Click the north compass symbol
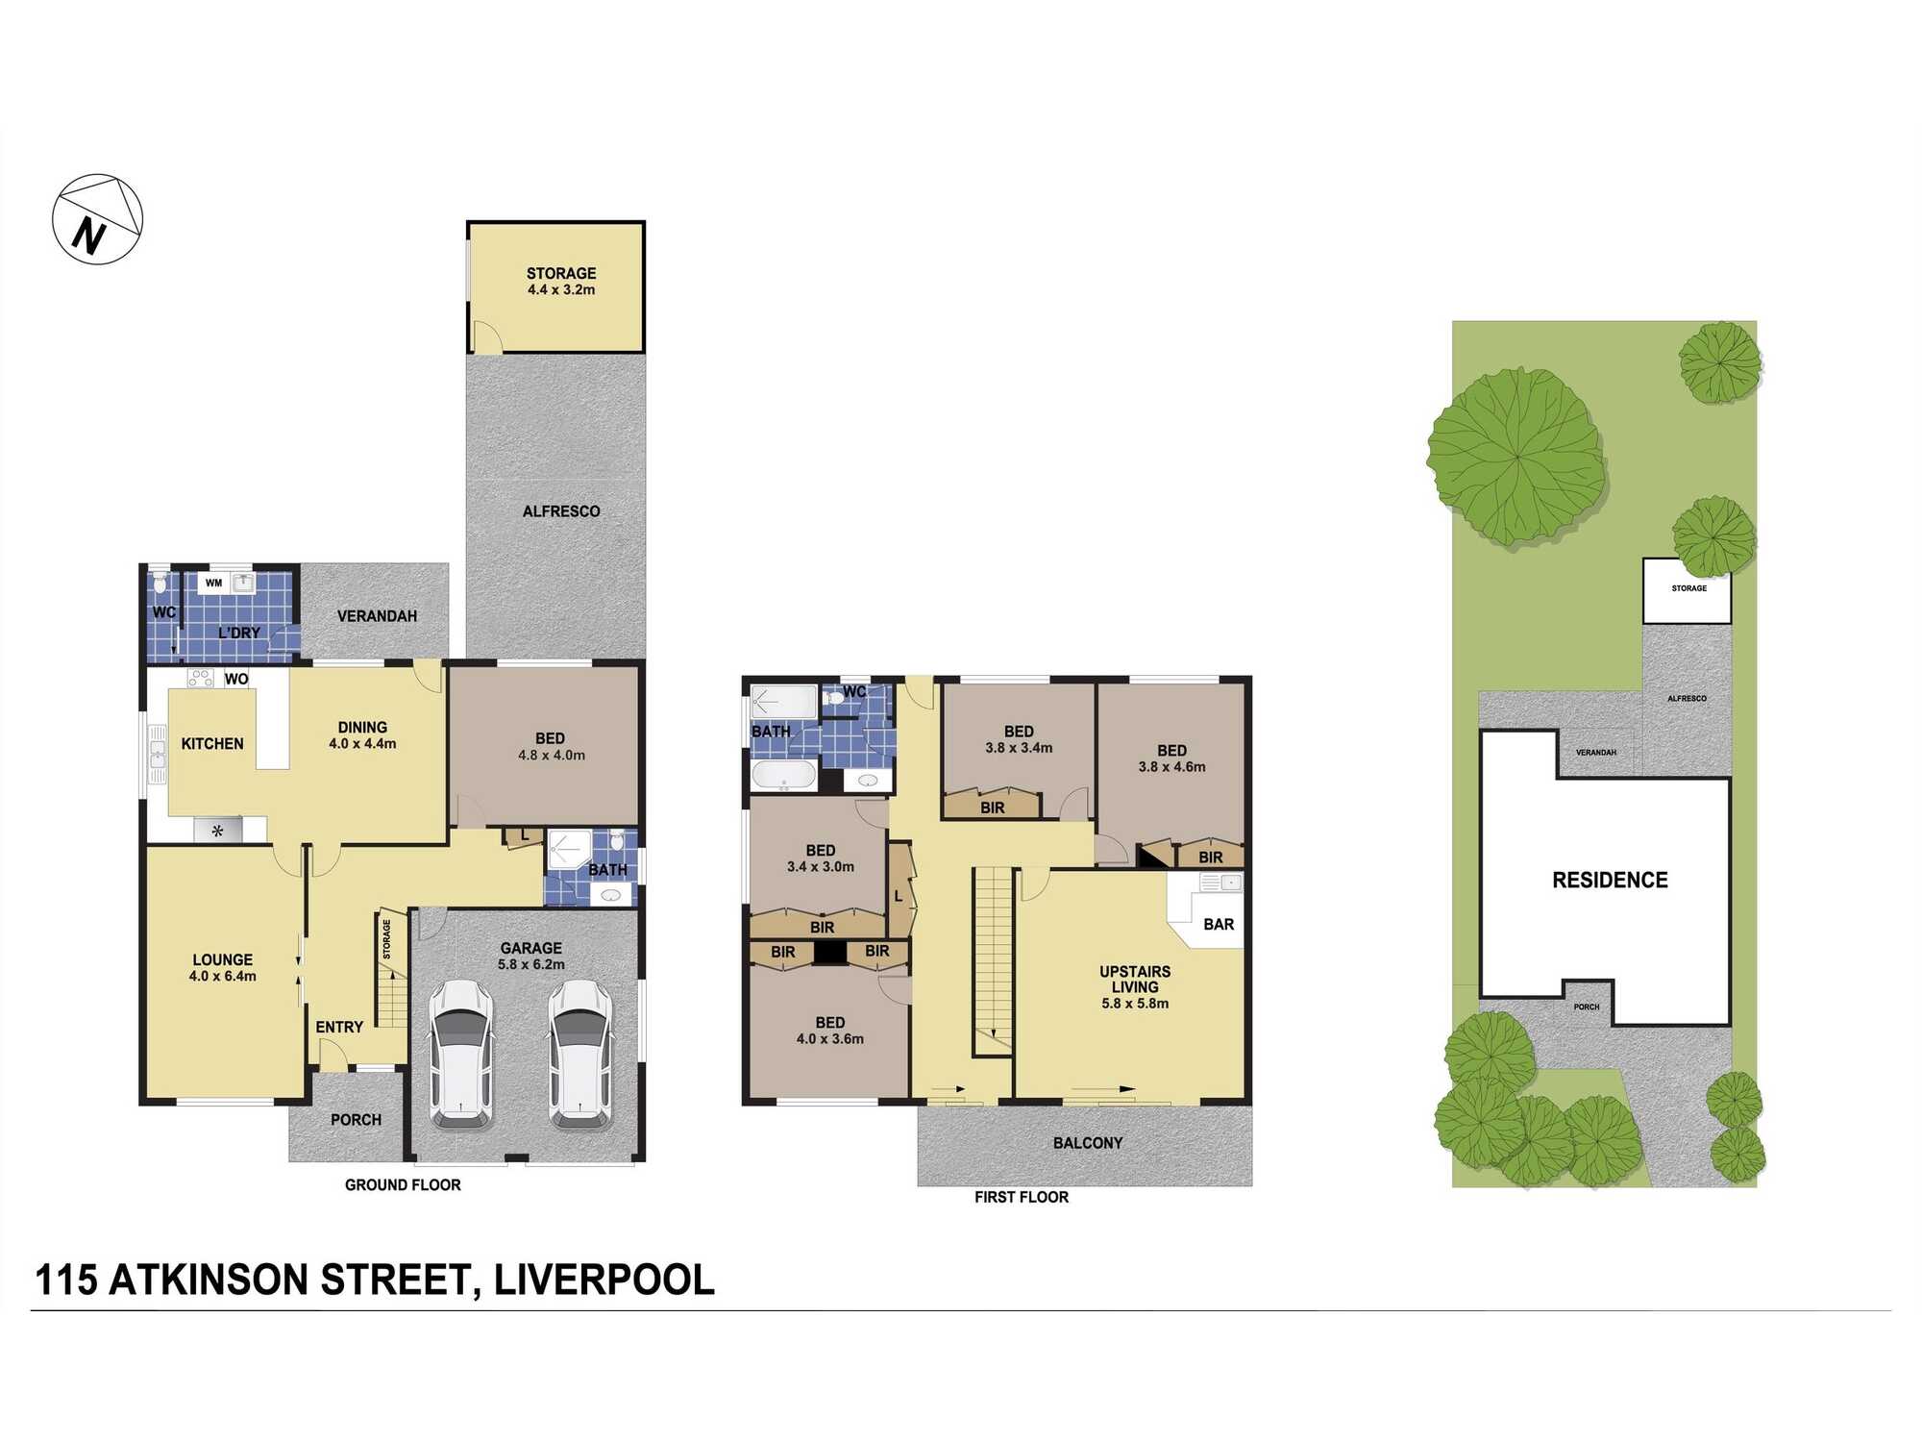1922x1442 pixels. tap(97, 219)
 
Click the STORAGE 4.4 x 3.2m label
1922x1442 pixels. tap(561, 281)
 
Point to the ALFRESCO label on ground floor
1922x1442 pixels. tap(561, 511)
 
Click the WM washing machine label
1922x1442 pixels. tap(213, 583)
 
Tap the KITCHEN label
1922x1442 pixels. tap(212, 744)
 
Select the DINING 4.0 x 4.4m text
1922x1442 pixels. tap(362, 735)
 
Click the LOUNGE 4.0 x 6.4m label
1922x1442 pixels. tap(222, 967)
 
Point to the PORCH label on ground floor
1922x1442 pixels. tap(356, 1120)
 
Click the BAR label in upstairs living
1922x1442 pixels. tap(1219, 924)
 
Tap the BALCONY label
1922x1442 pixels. tap(1087, 1143)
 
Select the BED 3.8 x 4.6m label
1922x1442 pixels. tap(1171, 758)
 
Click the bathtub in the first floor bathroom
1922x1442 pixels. tap(783, 774)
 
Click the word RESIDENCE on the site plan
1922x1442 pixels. tap(1610, 880)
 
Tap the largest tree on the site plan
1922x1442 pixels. tap(1515, 456)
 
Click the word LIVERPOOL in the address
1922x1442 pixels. tap(604, 1280)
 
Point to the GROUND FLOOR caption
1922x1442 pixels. tap(403, 1185)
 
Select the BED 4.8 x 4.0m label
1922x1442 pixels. tap(551, 746)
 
